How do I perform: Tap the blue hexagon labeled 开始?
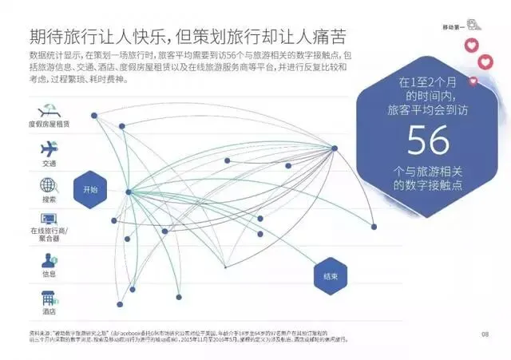coord(90,190)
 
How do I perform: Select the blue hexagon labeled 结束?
coord(330,275)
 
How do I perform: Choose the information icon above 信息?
coord(49,259)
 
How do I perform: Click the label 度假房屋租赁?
coord(47,126)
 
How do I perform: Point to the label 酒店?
coord(48,312)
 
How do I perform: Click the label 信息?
coord(49,274)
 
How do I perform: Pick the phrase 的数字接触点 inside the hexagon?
coord(429,184)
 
